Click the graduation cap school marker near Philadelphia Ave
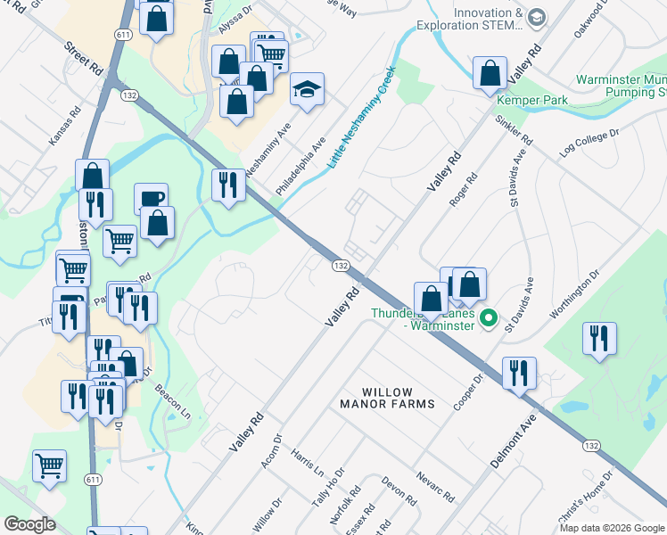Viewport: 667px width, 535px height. pos(307,90)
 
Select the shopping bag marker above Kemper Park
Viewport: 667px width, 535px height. pos(490,75)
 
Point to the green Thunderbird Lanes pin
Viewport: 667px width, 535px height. pos(488,317)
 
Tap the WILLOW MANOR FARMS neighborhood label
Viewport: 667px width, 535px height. pos(399,398)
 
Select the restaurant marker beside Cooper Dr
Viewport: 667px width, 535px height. pos(518,373)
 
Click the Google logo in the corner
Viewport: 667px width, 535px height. pos(29,524)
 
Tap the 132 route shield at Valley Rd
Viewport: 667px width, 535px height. pos(340,266)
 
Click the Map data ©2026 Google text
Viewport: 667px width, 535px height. pos(612,528)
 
